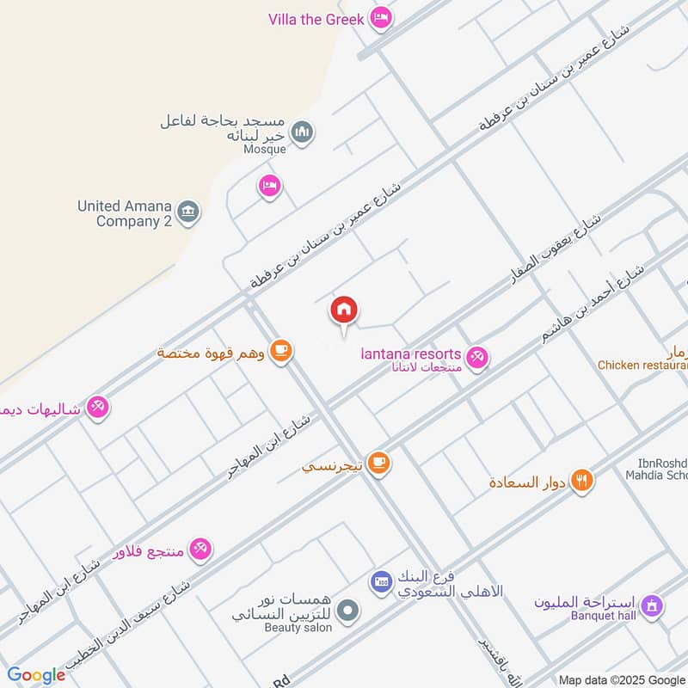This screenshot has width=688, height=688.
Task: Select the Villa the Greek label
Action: pyautogui.click(x=317, y=19)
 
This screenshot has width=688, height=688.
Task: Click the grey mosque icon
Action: pyautogui.click(x=302, y=132)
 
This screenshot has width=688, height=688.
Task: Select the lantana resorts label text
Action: pyautogui.click(x=411, y=355)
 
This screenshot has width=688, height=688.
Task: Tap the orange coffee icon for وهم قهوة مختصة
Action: pyautogui.click(x=280, y=351)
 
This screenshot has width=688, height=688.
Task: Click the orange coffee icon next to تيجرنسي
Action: pyautogui.click(x=378, y=464)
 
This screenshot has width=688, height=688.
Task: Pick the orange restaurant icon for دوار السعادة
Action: pyautogui.click(x=583, y=481)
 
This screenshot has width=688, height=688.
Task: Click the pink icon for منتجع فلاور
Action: pyautogui.click(x=200, y=548)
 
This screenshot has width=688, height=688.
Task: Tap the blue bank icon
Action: pyautogui.click(x=381, y=582)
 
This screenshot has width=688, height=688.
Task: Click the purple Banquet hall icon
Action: pyautogui.click(x=653, y=606)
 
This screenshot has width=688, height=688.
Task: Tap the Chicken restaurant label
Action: pyautogui.click(x=643, y=365)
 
